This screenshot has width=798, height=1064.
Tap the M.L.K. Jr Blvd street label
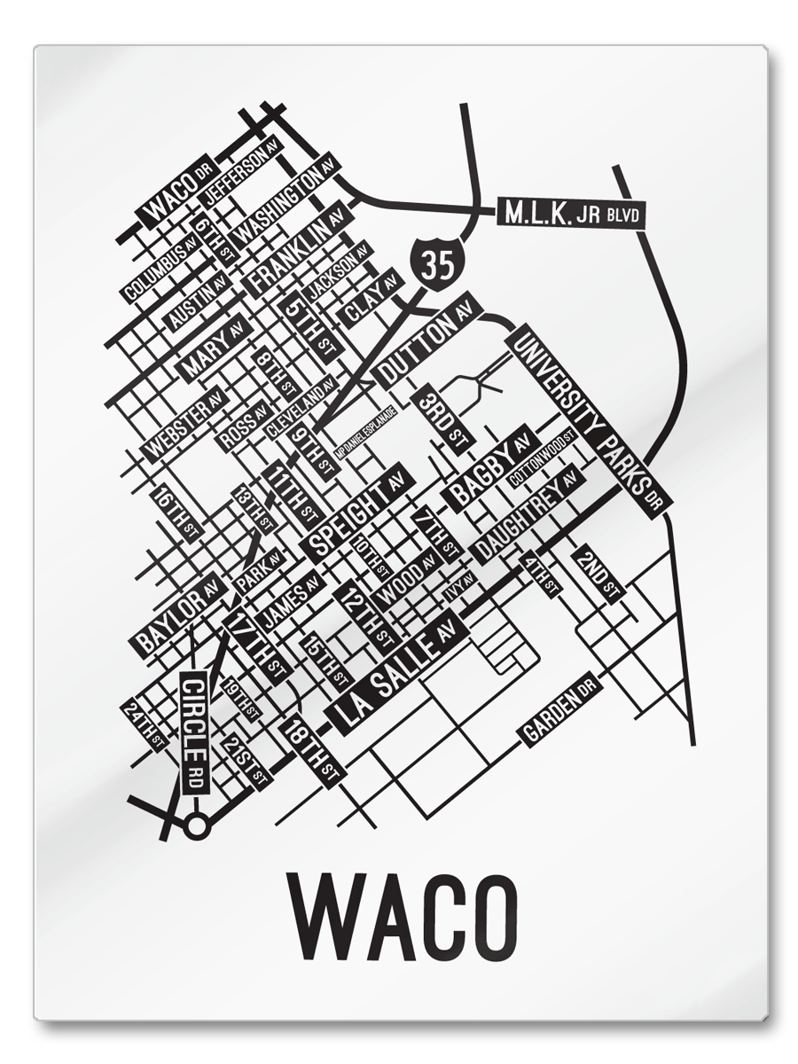point(570,214)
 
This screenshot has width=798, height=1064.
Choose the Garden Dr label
point(559,708)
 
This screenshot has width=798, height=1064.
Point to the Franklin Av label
point(297,252)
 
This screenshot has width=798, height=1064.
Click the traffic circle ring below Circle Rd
point(197,826)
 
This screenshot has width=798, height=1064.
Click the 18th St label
point(310,752)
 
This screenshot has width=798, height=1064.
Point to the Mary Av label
point(214,348)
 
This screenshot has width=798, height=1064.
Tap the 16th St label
point(176,512)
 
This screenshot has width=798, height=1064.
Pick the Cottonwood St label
point(544,458)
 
